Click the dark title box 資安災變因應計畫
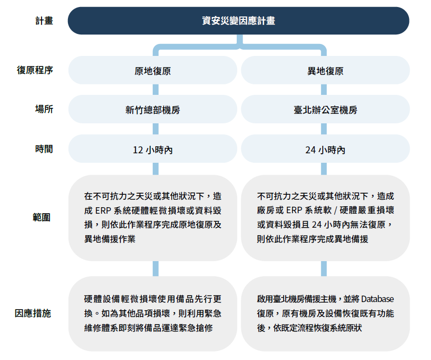pyautogui.click(x=238, y=20)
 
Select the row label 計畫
pyautogui.click(x=44, y=21)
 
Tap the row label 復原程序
pyautogui.click(x=35, y=70)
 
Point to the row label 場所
pyautogui.click(x=44, y=109)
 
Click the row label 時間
pyautogui.click(x=44, y=149)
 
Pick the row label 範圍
pyautogui.click(x=41, y=217)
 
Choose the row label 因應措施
pyautogui.click(x=32, y=313)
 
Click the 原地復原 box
pyautogui.click(x=152, y=70)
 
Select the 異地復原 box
pyautogui.click(x=325, y=70)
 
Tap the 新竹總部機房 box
pyautogui.click(x=152, y=109)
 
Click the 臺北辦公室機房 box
pyautogui.click(x=325, y=109)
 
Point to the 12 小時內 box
pyautogui.click(x=152, y=149)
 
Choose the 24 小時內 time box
pyautogui.click(x=325, y=149)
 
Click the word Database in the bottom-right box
pyautogui.click(x=378, y=299)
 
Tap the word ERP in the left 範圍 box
pyautogui.click(x=102, y=211)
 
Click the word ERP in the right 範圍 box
pyautogui.click(x=294, y=211)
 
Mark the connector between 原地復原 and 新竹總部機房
pyautogui.click(x=156, y=90)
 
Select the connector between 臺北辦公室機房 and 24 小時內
pyautogui.click(x=324, y=129)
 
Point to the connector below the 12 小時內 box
pyautogui.click(x=156, y=169)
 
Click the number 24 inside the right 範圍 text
pyautogui.click(x=317, y=225)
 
